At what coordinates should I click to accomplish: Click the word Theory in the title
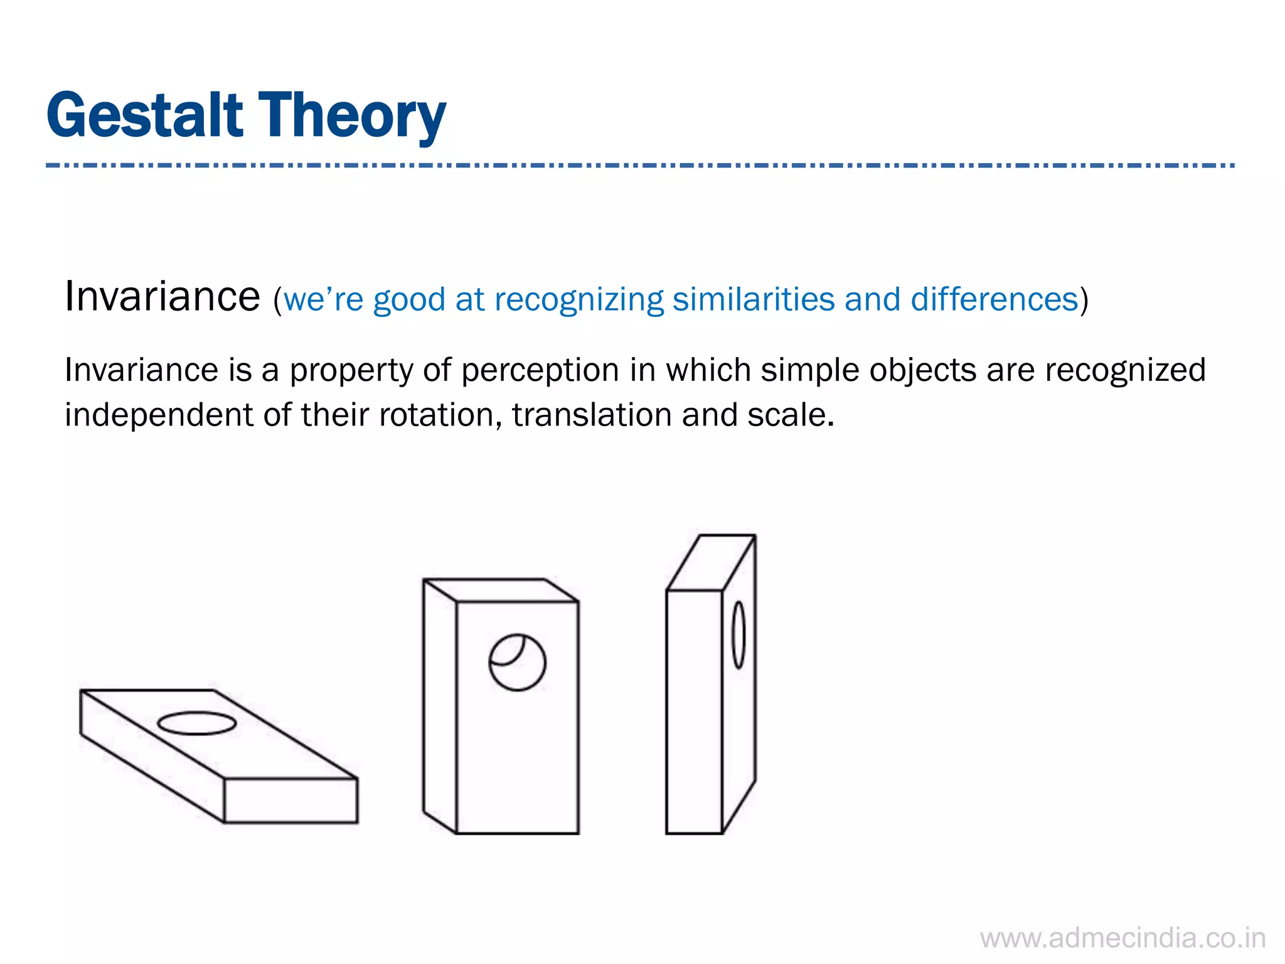pyautogui.click(x=352, y=117)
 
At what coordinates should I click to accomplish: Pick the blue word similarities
pyautogui.click(x=754, y=299)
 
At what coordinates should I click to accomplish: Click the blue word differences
pyautogui.click(x=994, y=299)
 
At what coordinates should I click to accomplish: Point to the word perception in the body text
pyautogui.click(x=540, y=370)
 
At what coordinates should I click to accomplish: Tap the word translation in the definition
pyautogui.click(x=592, y=415)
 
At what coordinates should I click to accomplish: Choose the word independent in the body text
pyautogui.click(x=159, y=415)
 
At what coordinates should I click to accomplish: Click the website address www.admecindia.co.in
pyautogui.click(x=1122, y=938)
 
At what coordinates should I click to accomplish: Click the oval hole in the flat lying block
pyautogui.click(x=196, y=723)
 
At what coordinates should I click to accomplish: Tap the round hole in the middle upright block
pyautogui.click(x=517, y=663)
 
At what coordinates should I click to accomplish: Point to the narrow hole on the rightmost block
pyautogui.click(x=738, y=635)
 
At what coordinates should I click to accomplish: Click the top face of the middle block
pyautogui.click(x=500, y=591)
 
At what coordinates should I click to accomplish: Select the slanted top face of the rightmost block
pyautogui.click(x=711, y=562)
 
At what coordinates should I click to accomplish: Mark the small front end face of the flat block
pyautogui.click(x=291, y=800)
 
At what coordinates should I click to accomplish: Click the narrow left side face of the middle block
pyautogui.click(x=440, y=706)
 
